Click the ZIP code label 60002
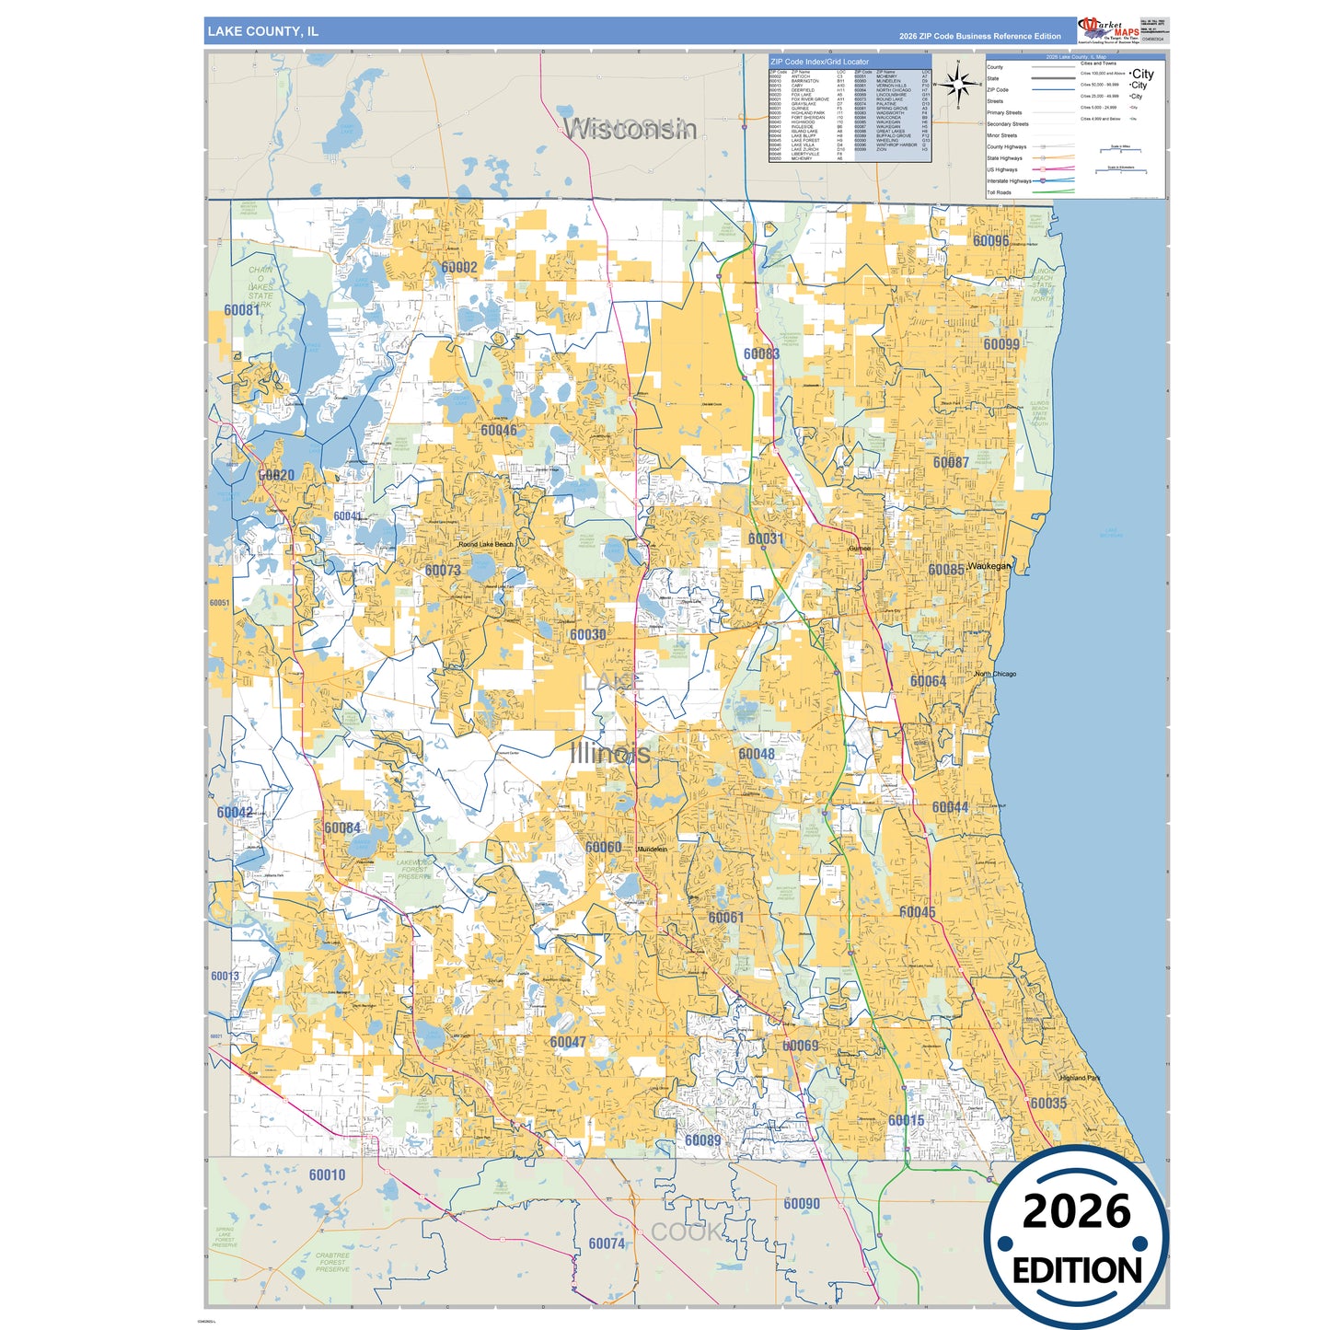click(x=458, y=268)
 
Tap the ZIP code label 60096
click(x=990, y=241)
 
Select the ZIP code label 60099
click(x=1001, y=344)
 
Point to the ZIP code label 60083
click(x=761, y=353)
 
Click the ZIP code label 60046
click(x=499, y=430)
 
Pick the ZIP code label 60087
click(x=951, y=462)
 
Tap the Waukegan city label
click(x=989, y=566)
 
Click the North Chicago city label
click(x=995, y=674)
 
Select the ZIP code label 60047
click(x=568, y=1042)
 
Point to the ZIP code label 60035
click(x=1048, y=1103)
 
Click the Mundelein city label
click(x=652, y=849)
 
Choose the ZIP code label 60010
click(x=327, y=1174)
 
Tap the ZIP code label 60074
click(x=607, y=1243)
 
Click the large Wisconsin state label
click(x=630, y=128)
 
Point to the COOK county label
click(x=686, y=1232)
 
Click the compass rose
click(x=958, y=85)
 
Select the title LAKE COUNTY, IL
click(x=263, y=31)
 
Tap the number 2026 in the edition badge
click(x=1076, y=1211)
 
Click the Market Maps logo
click(x=1109, y=30)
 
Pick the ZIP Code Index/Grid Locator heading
click(x=819, y=62)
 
